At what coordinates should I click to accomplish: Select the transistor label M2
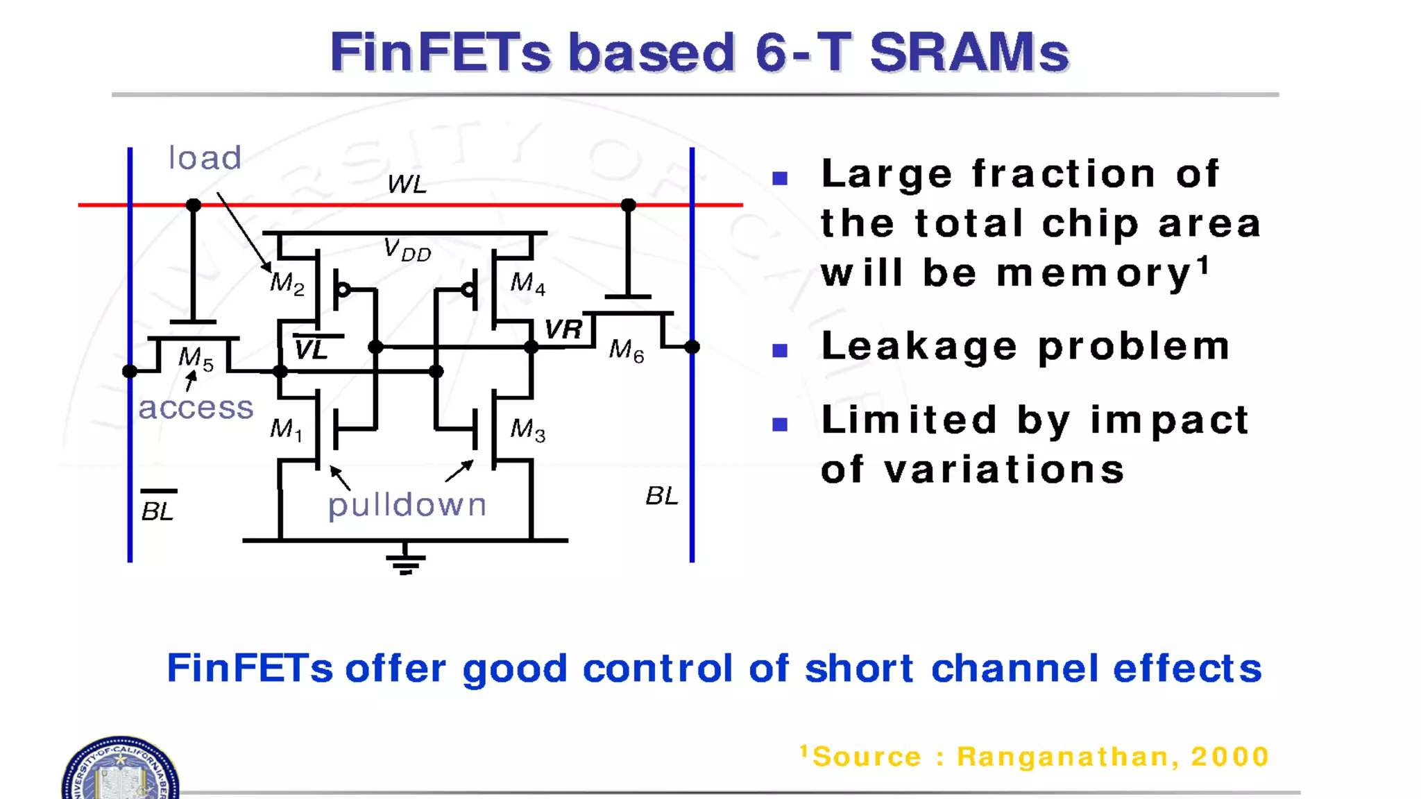287,283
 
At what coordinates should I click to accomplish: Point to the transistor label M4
527,283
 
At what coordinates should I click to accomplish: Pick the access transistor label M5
196,358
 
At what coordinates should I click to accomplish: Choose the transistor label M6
626,350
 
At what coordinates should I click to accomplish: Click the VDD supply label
407,250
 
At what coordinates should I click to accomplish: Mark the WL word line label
407,184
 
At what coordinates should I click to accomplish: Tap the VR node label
563,329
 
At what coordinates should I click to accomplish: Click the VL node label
312,350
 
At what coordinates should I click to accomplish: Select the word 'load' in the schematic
205,158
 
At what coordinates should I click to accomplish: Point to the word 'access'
196,408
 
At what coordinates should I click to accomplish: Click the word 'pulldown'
407,505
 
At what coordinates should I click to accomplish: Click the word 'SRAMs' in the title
969,53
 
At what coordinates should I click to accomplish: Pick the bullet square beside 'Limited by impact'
780,424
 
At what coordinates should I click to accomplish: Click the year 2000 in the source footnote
1229,757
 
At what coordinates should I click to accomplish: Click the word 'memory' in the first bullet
1094,273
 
